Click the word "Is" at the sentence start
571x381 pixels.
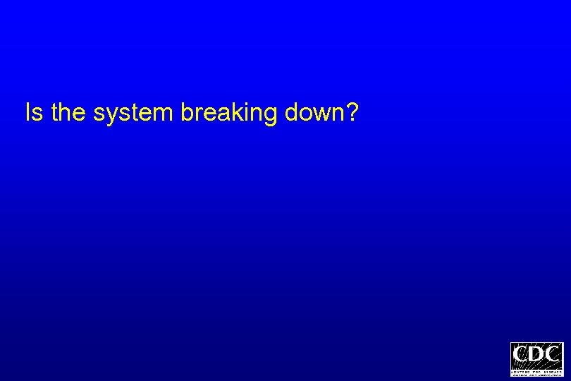(x=34, y=112)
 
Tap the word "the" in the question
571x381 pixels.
(x=68, y=112)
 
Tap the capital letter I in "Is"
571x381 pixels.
(x=28, y=112)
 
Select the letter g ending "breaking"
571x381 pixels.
(x=271, y=116)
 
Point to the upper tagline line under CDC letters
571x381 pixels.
(x=537, y=368)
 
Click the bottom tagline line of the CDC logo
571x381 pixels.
(x=537, y=373)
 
